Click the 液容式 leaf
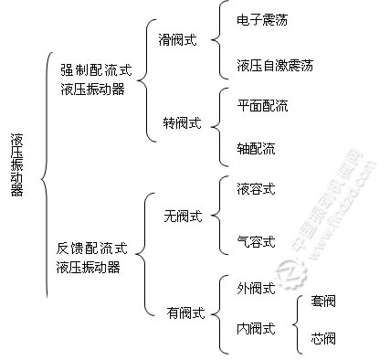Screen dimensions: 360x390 tap(255, 190)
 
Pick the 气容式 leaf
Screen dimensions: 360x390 tap(255, 242)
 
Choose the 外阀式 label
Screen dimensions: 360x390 tap(255, 290)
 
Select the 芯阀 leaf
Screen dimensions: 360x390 tap(323, 341)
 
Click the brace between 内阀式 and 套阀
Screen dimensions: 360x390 tap(295, 322)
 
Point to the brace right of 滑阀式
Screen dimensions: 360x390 tap(213, 42)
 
